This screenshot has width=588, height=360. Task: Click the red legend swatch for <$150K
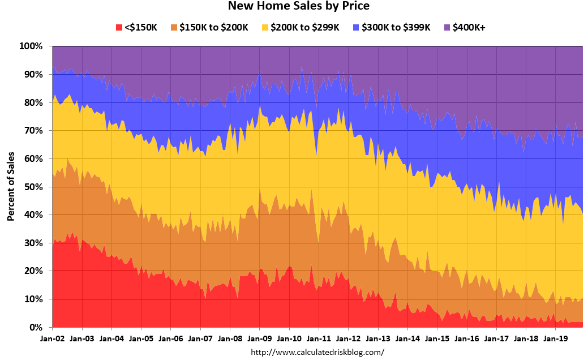click(119, 27)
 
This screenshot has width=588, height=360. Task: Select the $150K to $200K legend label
click(213, 27)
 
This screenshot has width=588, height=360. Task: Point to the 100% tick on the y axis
click(32, 46)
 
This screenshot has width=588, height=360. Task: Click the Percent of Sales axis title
click(11, 187)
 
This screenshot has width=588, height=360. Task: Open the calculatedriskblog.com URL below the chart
click(317, 352)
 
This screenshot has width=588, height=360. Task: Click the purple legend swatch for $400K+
click(447, 27)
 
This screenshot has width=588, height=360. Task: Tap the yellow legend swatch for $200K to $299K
click(267, 27)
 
